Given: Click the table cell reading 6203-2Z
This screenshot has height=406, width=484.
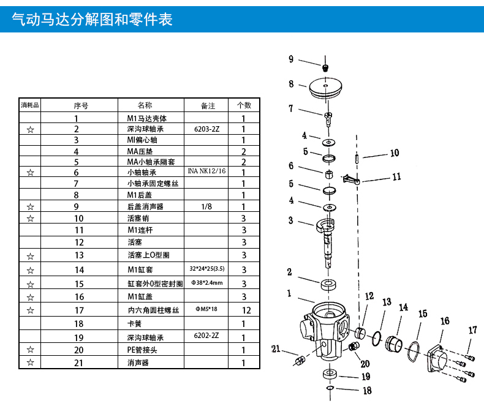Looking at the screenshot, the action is [x=206, y=129].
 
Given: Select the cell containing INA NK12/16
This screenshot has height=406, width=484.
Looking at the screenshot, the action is [x=206, y=171].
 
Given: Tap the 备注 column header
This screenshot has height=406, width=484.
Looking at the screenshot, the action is [x=208, y=106].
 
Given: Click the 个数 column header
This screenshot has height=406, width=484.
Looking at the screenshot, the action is [x=244, y=105].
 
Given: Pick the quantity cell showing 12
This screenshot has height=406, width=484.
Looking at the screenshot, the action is [x=246, y=310].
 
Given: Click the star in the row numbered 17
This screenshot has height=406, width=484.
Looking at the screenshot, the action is [x=30, y=310].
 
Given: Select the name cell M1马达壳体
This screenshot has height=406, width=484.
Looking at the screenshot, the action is [x=147, y=118].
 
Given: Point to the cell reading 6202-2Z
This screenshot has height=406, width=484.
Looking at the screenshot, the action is [x=206, y=336].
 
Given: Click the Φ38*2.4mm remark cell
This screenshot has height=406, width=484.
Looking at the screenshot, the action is [x=207, y=282].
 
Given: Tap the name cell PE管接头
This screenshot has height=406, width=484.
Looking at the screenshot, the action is [x=142, y=350].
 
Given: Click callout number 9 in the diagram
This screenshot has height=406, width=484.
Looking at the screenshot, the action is [x=291, y=59].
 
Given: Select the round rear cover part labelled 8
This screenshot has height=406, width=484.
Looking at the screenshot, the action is [x=325, y=88].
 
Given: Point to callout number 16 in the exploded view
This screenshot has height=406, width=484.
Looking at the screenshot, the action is [x=445, y=321].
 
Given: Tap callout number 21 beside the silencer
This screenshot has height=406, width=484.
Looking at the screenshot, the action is [x=276, y=349].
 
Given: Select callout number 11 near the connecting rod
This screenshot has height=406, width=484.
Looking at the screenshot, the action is [x=396, y=177].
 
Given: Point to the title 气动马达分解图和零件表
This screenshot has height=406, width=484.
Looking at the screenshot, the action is [x=92, y=19].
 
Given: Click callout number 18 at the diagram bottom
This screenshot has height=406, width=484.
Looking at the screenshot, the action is [x=367, y=391].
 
